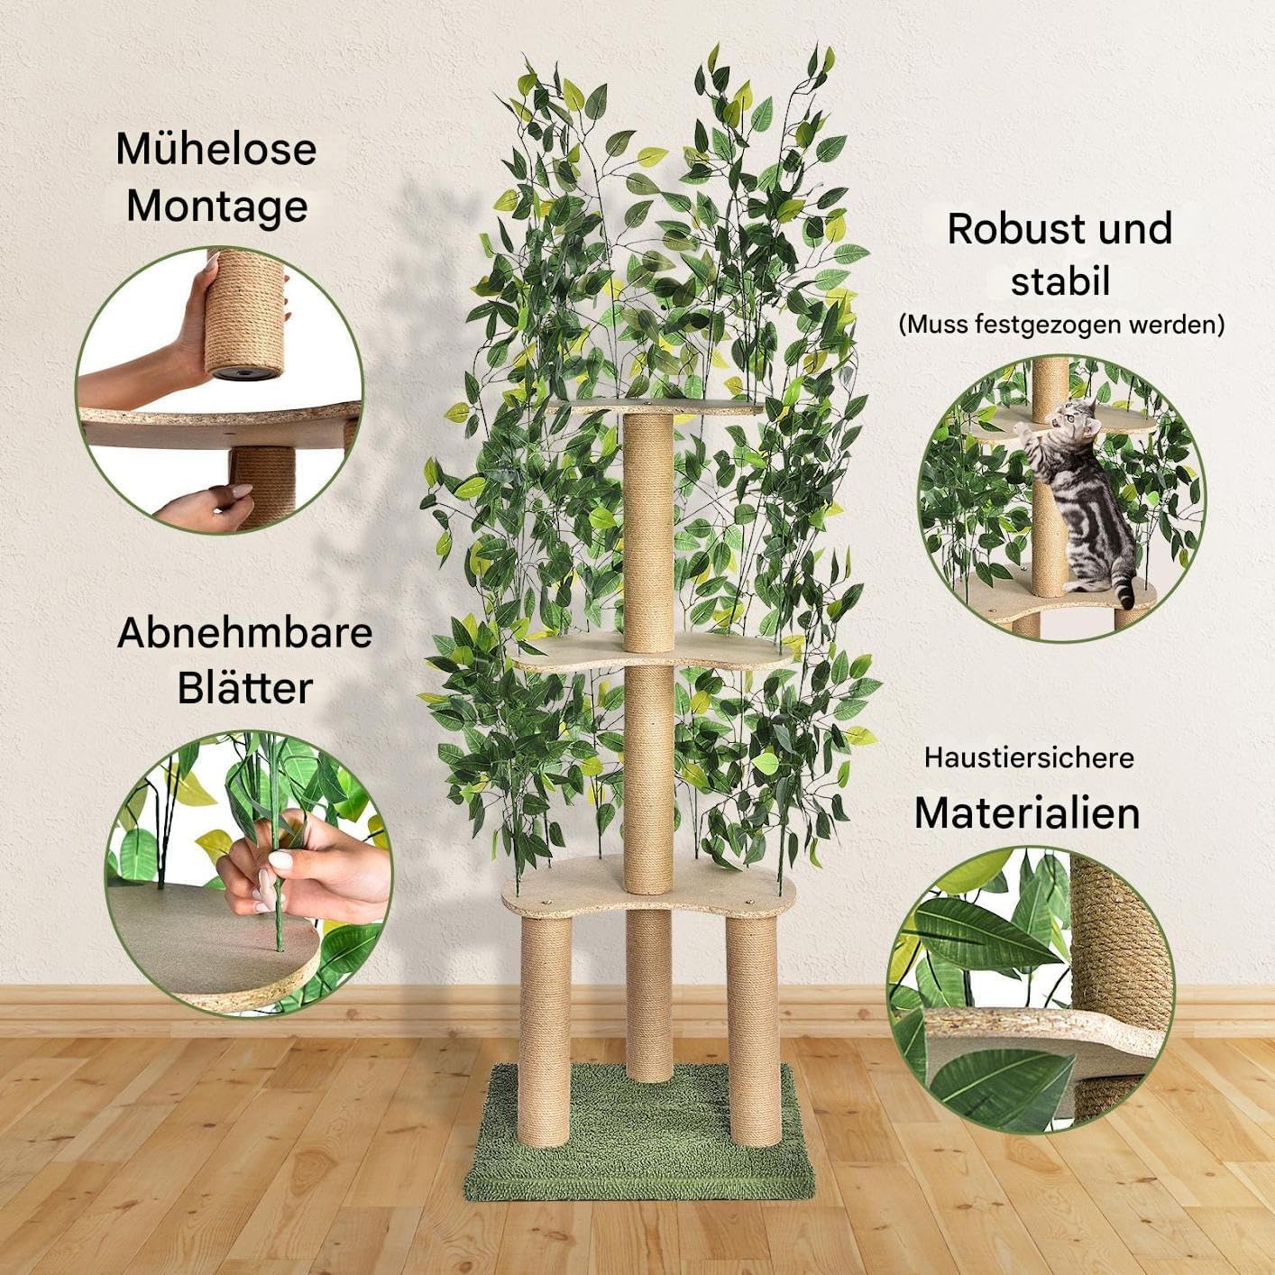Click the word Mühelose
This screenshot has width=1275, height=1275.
click(216, 149)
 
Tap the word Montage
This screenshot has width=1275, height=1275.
click(217, 207)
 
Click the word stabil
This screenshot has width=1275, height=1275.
click(1060, 281)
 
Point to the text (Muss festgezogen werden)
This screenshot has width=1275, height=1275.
click(1061, 325)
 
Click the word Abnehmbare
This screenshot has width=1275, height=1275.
click(244, 633)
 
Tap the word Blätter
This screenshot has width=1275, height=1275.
click(244, 689)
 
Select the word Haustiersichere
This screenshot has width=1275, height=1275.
click(1029, 757)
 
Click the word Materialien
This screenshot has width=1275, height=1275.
click(1028, 812)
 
